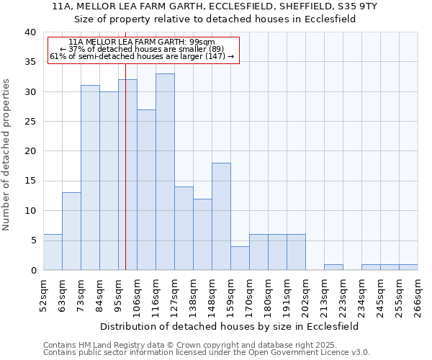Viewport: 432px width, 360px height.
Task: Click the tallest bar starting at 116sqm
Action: pyautogui.click(x=165, y=172)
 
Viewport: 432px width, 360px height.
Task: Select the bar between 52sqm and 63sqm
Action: pyautogui.click(x=53, y=252)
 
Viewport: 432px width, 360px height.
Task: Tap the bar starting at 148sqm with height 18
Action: pyautogui.click(x=221, y=216)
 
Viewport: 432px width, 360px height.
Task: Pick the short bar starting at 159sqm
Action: pyautogui.click(x=240, y=258)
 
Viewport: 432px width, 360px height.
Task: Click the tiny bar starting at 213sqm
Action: pyautogui.click(x=333, y=267)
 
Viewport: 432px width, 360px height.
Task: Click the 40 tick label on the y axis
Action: pyautogui.click(x=30, y=32)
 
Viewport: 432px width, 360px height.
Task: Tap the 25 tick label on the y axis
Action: pyautogui.click(x=30, y=122)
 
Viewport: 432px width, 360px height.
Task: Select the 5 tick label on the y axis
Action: pyautogui.click(x=32, y=240)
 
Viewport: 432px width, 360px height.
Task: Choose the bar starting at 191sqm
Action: pyautogui.click(x=296, y=252)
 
